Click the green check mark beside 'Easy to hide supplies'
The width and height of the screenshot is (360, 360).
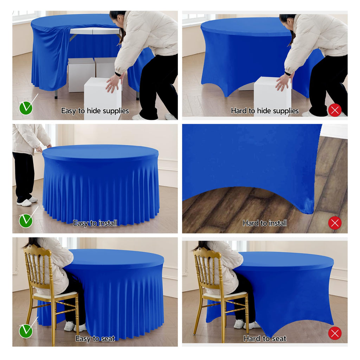26,108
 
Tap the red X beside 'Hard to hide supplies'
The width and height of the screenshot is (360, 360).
335,110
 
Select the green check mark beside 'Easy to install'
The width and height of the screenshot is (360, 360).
26,220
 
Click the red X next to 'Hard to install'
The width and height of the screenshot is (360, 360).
335,223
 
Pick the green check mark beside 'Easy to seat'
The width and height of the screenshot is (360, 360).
26,331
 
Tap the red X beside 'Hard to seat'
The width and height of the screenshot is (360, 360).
335,333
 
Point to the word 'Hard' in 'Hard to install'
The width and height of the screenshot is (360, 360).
250,223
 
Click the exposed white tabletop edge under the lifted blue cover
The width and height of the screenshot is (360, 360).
95,31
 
